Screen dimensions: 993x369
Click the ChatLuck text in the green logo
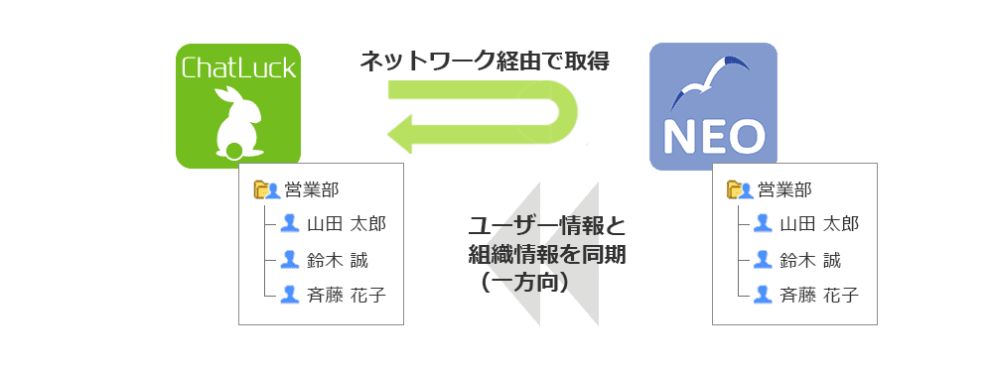[x=238, y=68]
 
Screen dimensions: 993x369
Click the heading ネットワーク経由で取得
[x=484, y=61]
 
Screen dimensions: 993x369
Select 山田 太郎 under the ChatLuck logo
[x=347, y=224]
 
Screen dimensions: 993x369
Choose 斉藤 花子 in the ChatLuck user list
[x=347, y=295]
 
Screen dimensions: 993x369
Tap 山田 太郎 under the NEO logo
[x=819, y=224]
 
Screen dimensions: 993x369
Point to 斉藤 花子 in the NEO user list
[x=819, y=295]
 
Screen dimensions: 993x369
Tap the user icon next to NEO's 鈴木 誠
[x=763, y=260]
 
